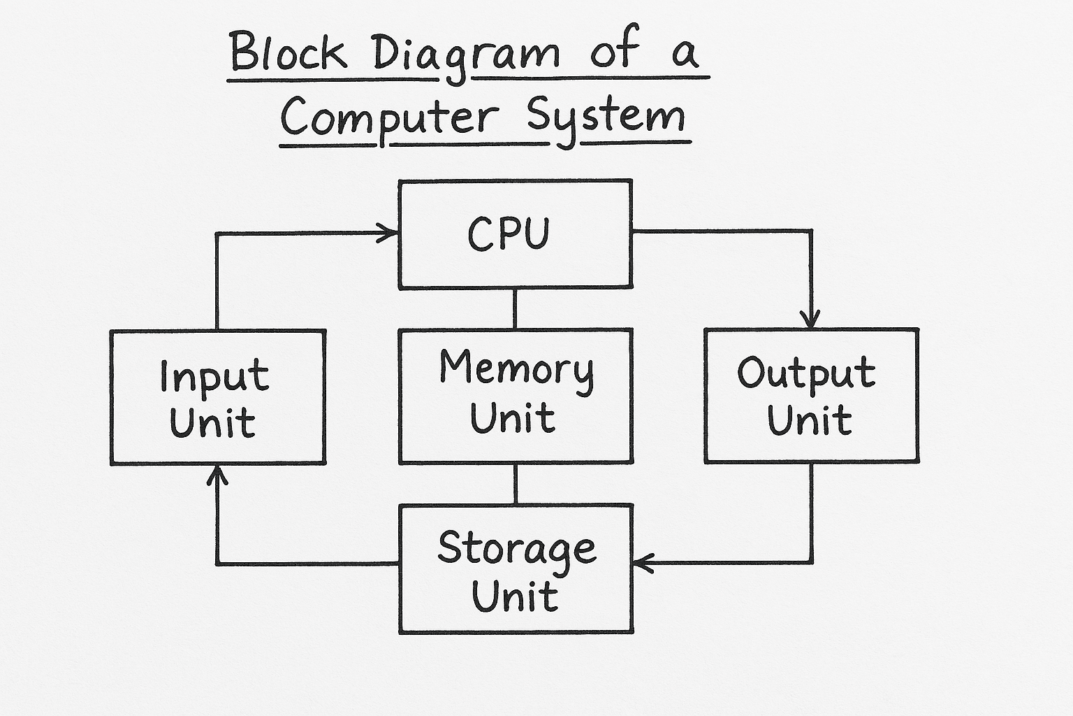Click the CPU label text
pos(509,234)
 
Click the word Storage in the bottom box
pos(516,549)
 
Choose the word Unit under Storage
pos(515,596)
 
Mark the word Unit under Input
pos(212,422)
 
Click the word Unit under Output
pos(809,420)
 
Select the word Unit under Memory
pos(513,417)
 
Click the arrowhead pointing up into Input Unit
pos(217,476)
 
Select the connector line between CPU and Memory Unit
pos(515,308)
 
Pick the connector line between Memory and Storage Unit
pos(516,484)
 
